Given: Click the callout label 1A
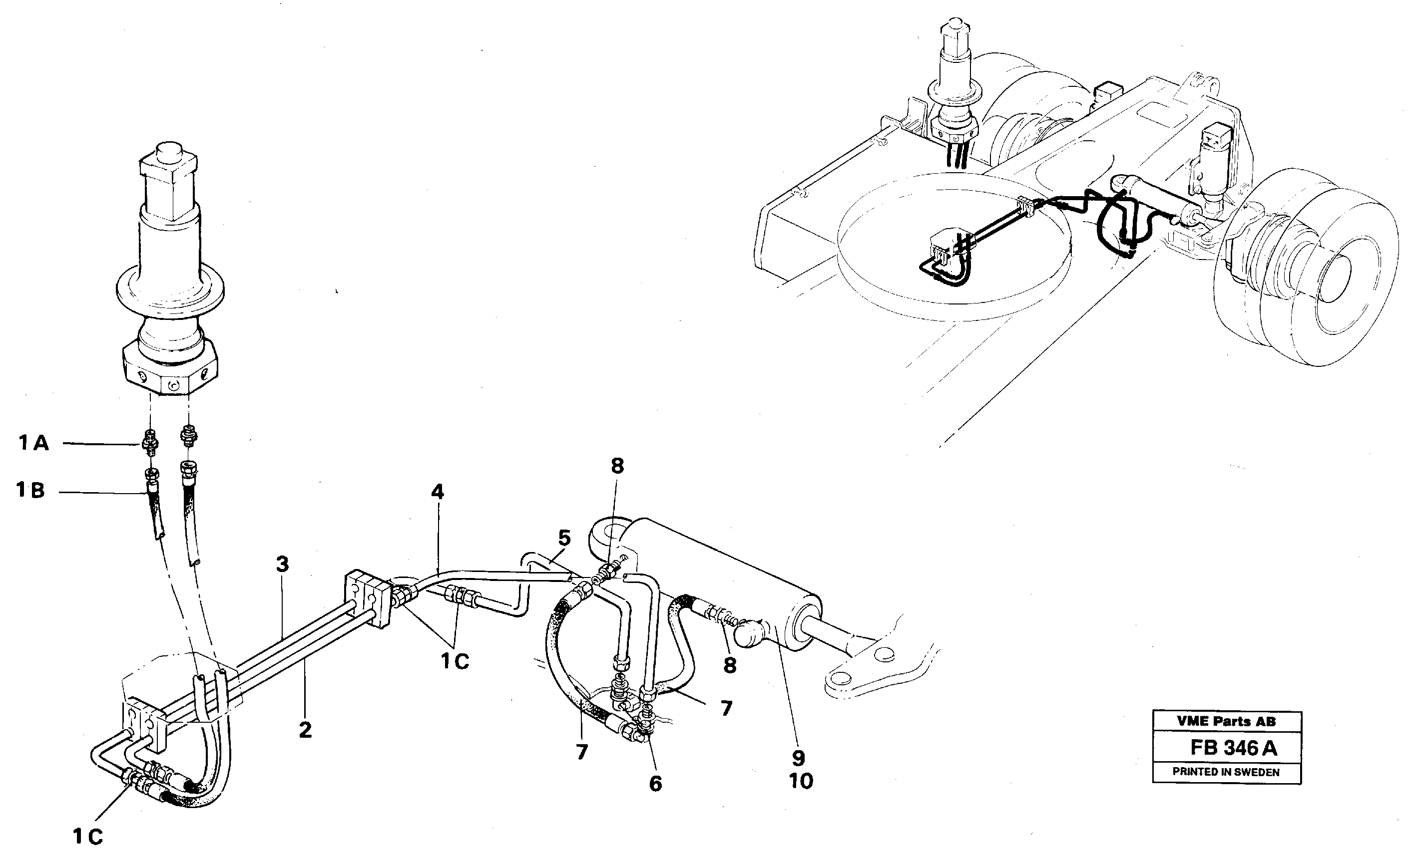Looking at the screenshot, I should (x=33, y=443).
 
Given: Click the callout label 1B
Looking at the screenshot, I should (x=30, y=491).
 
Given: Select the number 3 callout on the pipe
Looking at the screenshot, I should (x=282, y=564).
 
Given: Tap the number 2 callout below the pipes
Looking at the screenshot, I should (x=305, y=730).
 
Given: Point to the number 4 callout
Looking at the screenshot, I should (x=437, y=492).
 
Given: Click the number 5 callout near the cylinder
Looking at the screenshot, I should (x=564, y=538).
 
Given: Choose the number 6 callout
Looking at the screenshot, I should (x=655, y=784).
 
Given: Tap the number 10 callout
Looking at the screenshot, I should (x=801, y=781).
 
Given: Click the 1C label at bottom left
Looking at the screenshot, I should (x=87, y=837).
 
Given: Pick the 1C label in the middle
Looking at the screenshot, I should (x=455, y=662).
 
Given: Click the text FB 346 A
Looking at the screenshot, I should (x=1232, y=748).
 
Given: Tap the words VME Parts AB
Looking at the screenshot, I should (x=1226, y=721).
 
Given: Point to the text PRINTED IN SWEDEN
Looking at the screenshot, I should (x=1226, y=772).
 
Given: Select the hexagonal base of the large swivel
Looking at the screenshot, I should (x=170, y=369).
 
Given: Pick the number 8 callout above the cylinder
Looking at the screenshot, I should (x=617, y=466).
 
